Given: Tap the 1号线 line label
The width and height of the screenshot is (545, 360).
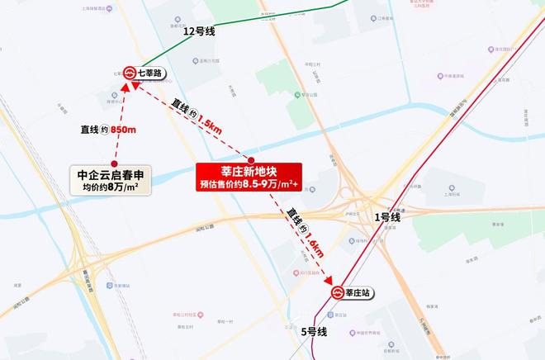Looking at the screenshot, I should click(386, 218).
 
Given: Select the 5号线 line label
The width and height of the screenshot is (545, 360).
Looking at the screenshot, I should click(314, 332).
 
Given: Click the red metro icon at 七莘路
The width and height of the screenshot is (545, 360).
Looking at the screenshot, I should click(129, 73).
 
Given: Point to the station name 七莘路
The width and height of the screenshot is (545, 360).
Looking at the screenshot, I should click(150, 73).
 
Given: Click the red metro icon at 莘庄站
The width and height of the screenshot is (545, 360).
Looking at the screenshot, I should click(338, 292).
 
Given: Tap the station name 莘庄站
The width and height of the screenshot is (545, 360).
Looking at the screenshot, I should click(361, 292).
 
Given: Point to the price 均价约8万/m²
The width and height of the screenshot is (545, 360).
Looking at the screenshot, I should click(113, 188).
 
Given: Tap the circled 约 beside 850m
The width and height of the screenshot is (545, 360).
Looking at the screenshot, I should click(104, 129).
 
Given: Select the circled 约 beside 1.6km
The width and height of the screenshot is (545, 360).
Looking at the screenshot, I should click(304, 226).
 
